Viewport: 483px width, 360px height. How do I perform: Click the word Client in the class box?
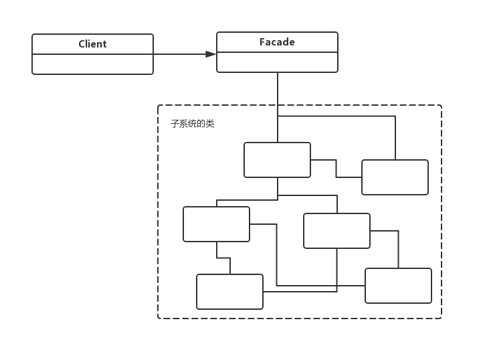92,44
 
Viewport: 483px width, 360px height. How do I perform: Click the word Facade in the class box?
277,42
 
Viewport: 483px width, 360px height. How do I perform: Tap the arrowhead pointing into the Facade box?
211,54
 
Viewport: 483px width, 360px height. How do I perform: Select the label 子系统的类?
193,124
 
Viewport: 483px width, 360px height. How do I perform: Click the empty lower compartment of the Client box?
92,64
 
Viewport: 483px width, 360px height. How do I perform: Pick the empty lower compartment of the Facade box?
277,62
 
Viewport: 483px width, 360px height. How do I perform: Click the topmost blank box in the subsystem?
277,160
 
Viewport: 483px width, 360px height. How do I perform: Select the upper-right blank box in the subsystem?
395,177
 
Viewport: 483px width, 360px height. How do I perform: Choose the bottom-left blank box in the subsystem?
229,292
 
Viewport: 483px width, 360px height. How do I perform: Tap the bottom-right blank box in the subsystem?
398,286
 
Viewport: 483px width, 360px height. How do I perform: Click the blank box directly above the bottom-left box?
216,224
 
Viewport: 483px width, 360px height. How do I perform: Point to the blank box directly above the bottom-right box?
336,231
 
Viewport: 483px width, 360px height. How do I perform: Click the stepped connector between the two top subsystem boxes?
336,169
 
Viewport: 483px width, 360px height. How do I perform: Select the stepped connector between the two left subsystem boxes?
223,258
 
